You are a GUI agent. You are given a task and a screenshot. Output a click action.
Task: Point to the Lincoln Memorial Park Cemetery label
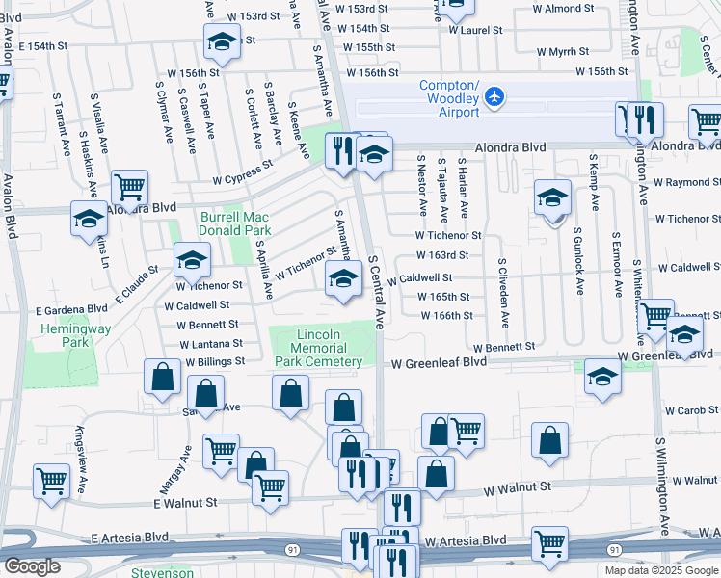click(x=319, y=348)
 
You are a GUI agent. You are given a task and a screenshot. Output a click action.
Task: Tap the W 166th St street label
click(x=446, y=315)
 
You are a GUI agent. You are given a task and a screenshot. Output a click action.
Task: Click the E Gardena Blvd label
click(x=71, y=309)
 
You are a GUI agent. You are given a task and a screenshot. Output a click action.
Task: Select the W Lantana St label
click(x=209, y=343)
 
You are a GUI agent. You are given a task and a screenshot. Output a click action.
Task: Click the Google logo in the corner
click(x=32, y=566)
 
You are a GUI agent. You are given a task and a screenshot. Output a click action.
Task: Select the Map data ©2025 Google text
click(x=660, y=570)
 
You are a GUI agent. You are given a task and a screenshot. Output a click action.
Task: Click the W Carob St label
click(x=691, y=409)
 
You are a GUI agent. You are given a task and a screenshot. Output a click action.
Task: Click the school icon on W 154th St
click(x=222, y=42)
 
